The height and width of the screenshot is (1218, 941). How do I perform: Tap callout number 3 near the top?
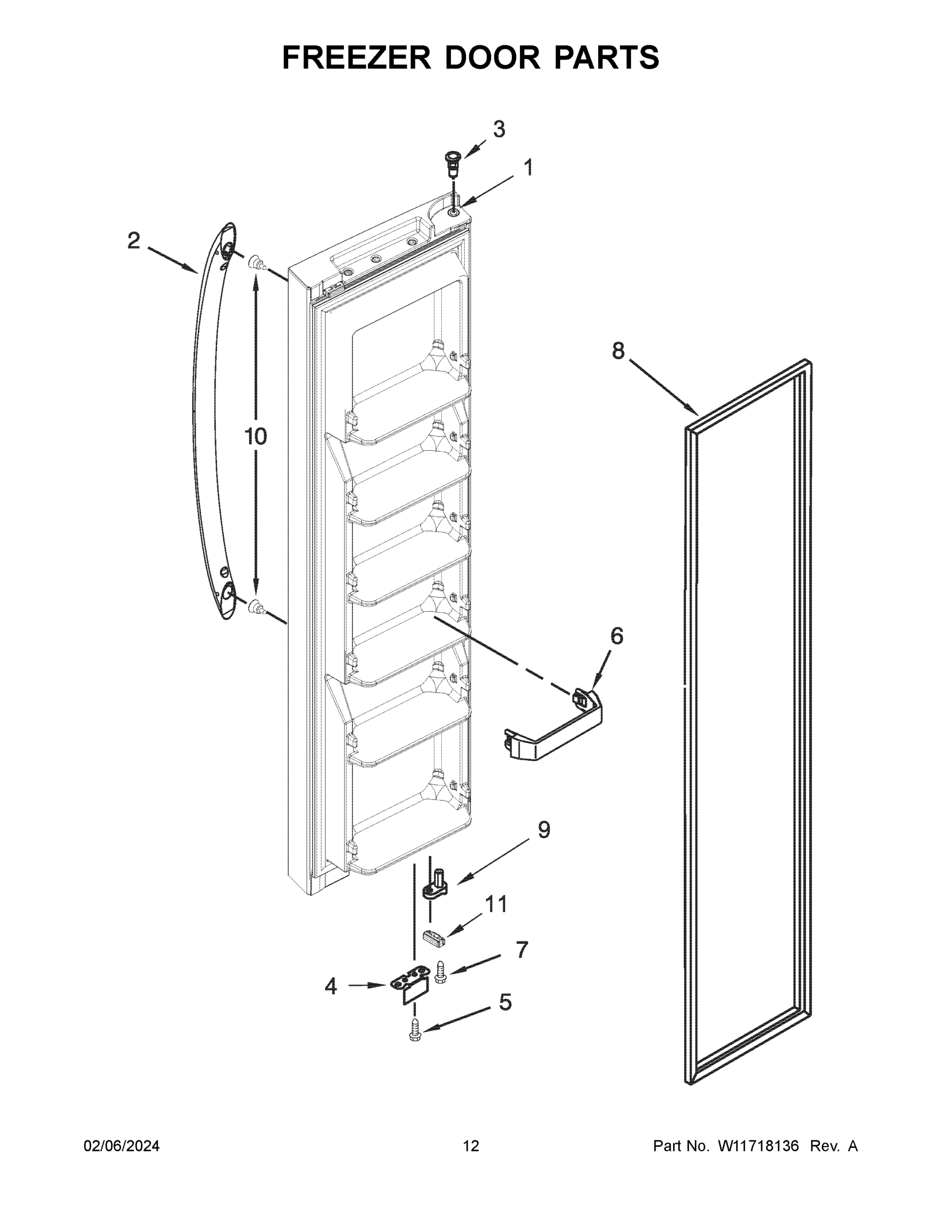click(x=499, y=129)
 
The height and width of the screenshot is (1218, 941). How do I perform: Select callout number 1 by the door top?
click(x=528, y=168)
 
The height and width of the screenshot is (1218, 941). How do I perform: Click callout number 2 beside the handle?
click(x=134, y=241)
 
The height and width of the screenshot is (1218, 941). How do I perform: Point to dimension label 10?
click(x=255, y=436)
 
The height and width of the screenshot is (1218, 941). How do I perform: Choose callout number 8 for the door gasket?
click(x=618, y=351)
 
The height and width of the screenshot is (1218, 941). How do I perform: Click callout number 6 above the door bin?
click(x=616, y=636)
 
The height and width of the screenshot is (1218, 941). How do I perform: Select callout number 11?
click(x=496, y=903)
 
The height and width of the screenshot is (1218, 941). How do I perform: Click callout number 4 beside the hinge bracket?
click(x=331, y=987)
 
